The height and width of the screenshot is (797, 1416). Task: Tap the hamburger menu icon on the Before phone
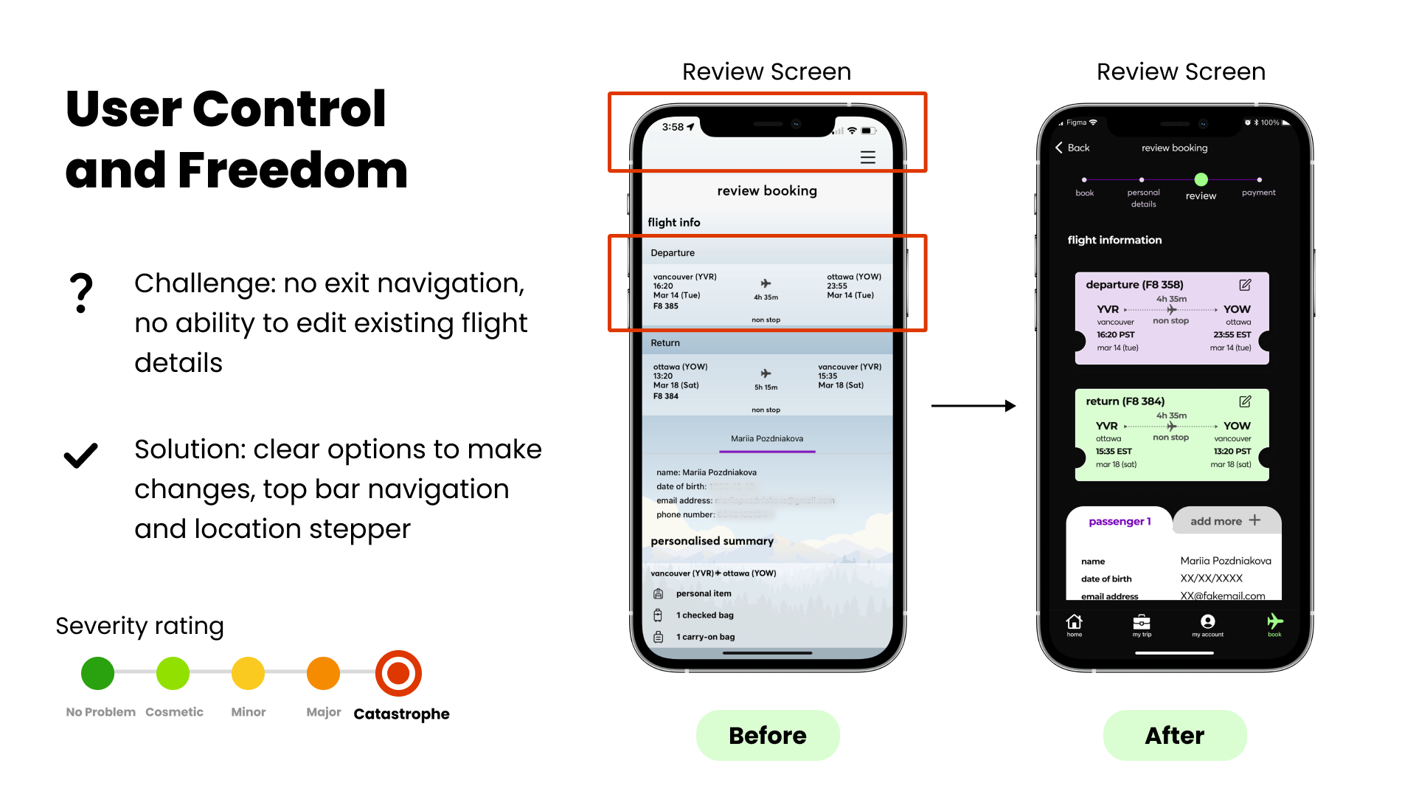(x=868, y=157)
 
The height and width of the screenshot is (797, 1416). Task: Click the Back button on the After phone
(x=1072, y=148)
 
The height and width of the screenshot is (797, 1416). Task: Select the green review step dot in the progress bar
(x=1201, y=179)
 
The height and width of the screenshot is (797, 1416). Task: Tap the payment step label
(x=1258, y=193)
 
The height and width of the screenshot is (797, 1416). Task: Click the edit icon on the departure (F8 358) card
(x=1245, y=285)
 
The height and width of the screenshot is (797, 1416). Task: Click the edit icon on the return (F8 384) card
(x=1245, y=401)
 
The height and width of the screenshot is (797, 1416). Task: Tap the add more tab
(x=1225, y=521)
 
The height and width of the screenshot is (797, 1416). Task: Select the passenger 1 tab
(x=1119, y=521)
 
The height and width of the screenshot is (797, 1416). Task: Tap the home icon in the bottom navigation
(x=1075, y=624)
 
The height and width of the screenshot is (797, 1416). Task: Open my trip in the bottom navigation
(x=1142, y=624)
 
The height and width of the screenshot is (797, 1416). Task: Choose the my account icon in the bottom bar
(x=1207, y=624)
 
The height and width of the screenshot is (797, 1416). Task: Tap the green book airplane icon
(x=1274, y=624)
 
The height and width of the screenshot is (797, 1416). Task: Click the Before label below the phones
(x=767, y=736)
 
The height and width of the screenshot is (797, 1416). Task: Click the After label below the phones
(x=1174, y=736)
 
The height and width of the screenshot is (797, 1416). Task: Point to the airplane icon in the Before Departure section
(x=766, y=283)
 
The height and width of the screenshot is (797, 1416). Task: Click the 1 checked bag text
(x=704, y=615)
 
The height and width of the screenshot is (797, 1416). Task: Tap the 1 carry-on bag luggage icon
(x=658, y=637)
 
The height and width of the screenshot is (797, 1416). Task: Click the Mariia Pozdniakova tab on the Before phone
(x=767, y=438)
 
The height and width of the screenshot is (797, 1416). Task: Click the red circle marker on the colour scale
(x=399, y=674)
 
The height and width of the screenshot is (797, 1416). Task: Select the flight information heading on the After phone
(x=1114, y=240)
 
